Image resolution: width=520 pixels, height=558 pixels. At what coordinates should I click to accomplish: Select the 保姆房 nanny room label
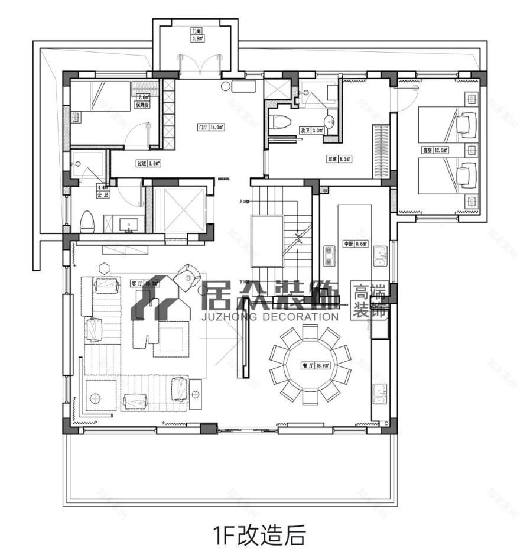point(142,105)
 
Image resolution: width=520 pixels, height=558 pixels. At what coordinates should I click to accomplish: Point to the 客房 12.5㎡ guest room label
point(435,151)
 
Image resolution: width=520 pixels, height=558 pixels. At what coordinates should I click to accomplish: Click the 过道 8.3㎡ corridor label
point(340,158)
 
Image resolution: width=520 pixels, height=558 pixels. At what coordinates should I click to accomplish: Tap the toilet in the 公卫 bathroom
point(87,221)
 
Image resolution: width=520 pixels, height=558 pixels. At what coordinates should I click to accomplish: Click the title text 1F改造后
point(259,536)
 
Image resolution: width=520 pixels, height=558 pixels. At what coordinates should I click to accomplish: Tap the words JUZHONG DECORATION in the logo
point(272,317)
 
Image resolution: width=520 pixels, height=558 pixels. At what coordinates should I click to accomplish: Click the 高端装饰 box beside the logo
point(369,301)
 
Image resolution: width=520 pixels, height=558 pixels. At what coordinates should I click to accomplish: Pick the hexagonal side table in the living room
point(105,268)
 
